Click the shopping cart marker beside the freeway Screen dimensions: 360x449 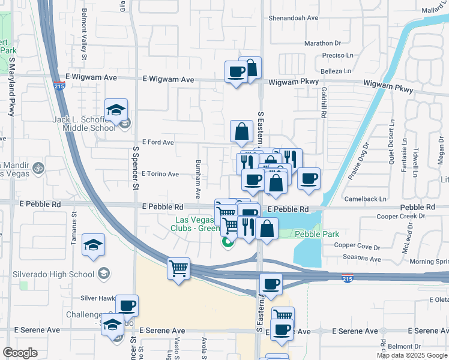178,269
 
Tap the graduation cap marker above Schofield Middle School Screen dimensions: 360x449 115,110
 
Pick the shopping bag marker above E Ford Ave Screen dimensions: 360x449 241,131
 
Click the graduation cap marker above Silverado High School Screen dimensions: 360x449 93,245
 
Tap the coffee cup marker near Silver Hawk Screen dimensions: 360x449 127,305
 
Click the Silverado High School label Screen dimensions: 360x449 53,274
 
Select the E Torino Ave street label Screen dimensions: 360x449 160,174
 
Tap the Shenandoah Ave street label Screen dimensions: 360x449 294,18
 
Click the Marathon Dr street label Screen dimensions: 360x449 322,43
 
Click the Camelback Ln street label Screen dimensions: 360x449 366,199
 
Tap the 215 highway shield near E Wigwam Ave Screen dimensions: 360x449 58,86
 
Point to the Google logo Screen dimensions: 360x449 20,353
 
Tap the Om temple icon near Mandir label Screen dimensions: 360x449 39,167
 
